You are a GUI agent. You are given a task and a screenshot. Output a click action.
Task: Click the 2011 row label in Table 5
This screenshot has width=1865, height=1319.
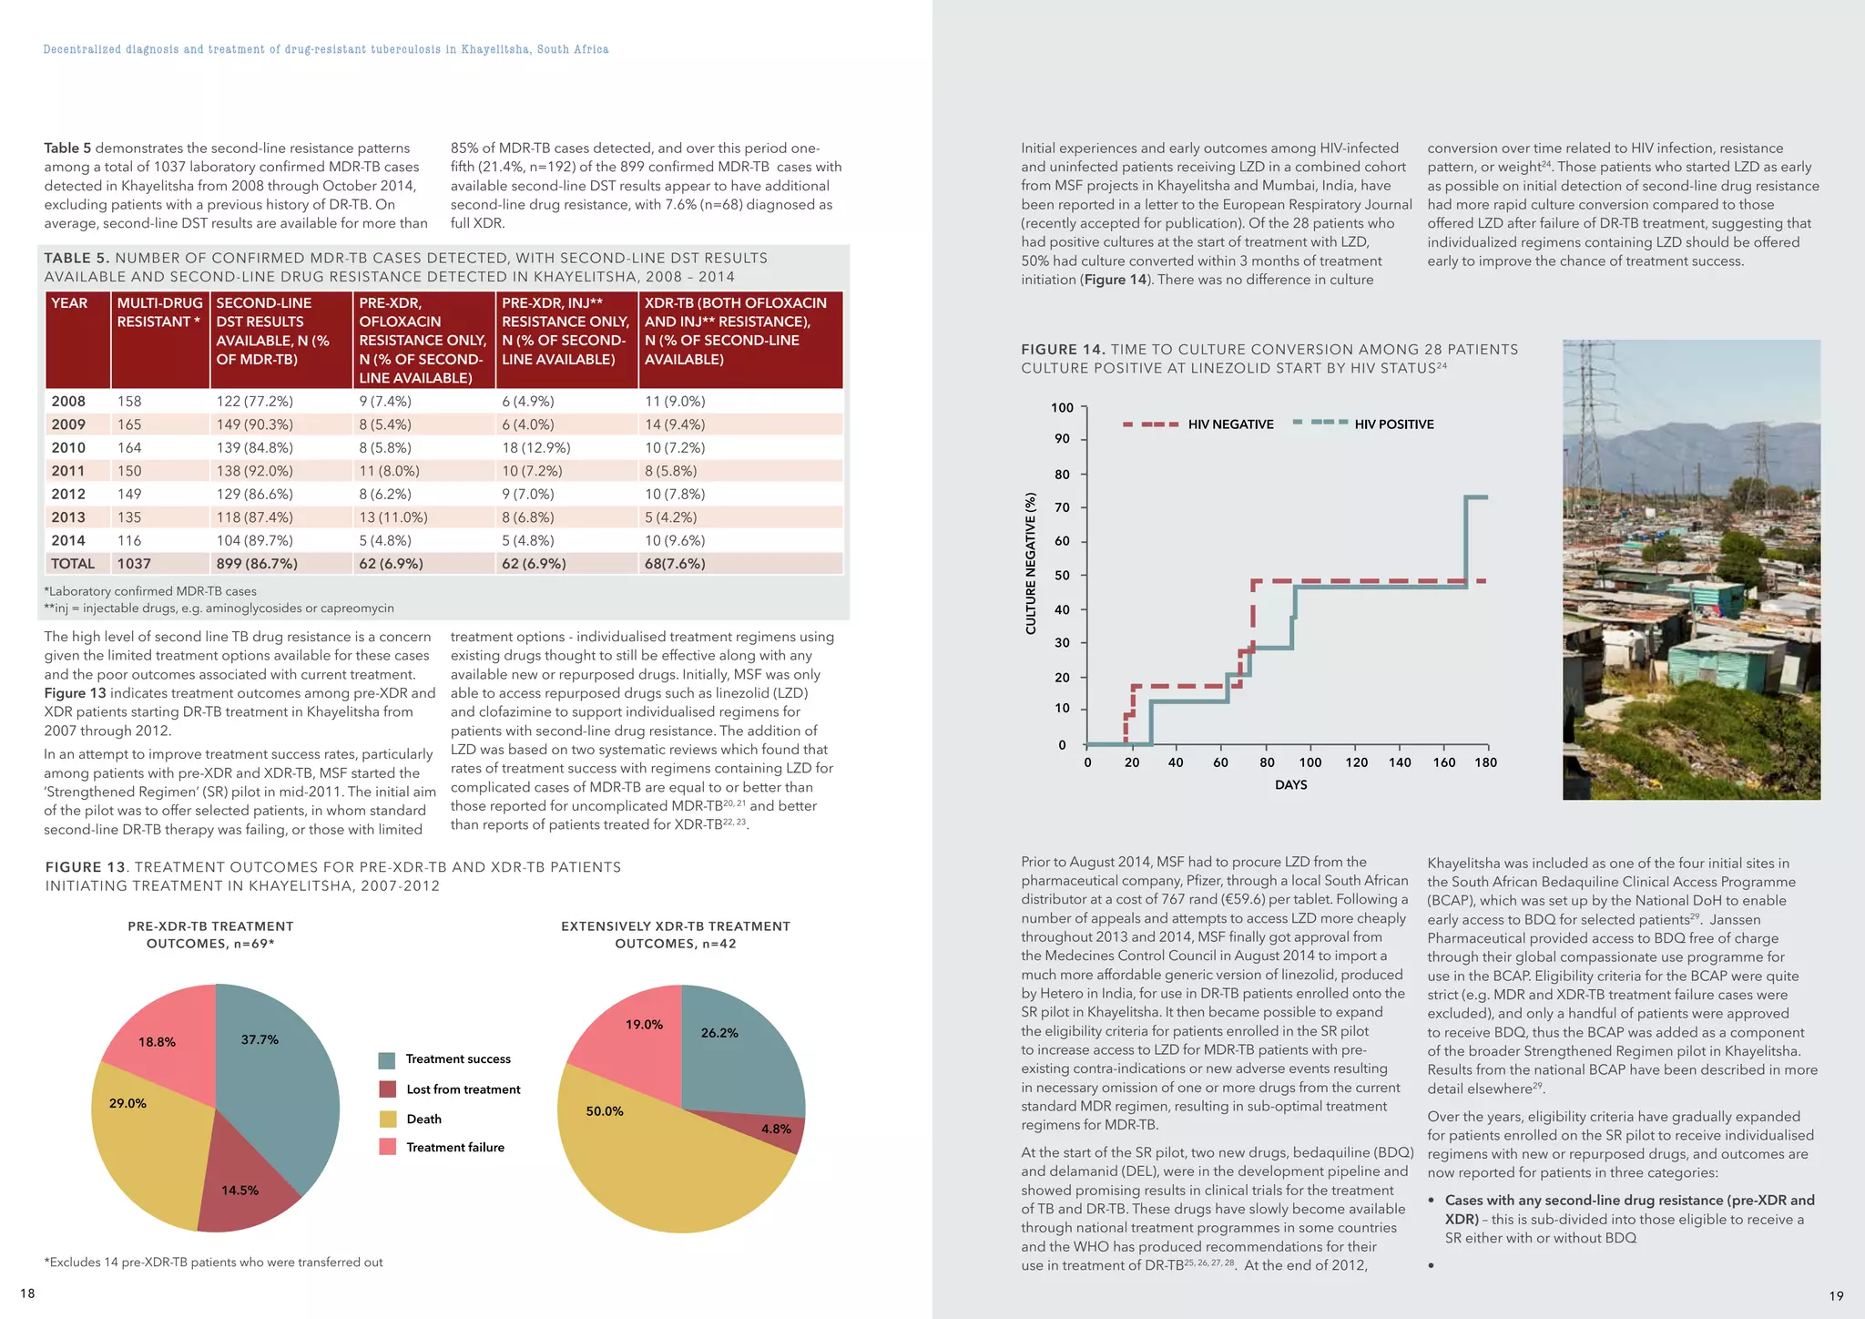(68, 471)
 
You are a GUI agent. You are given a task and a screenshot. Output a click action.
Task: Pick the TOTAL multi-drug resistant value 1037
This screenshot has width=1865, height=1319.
(134, 564)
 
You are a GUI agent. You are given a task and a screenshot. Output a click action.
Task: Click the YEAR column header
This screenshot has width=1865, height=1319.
(69, 303)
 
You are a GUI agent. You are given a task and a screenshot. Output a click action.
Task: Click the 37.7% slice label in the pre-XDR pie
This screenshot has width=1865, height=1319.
(260, 1039)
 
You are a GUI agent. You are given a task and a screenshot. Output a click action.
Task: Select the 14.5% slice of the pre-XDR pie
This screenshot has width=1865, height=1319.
(240, 1190)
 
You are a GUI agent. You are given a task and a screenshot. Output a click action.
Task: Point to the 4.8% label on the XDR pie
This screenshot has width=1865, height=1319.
(776, 1129)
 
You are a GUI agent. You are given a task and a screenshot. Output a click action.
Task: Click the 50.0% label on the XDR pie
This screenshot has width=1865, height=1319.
(605, 1111)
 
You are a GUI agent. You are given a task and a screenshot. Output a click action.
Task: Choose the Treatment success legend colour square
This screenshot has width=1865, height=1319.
(387, 1060)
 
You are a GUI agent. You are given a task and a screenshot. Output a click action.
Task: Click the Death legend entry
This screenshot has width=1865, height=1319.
(423, 1120)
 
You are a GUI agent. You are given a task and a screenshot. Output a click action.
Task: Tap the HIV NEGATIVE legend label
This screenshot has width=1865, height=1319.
(1230, 424)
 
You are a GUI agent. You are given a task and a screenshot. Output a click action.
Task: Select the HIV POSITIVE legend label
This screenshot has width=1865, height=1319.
(1393, 424)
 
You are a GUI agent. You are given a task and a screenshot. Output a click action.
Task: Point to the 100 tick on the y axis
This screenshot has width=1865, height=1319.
(1062, 408)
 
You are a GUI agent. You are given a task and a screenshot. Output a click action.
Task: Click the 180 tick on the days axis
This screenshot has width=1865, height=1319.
(1485, 762)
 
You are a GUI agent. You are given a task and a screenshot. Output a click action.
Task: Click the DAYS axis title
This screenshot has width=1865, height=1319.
(1290, 784)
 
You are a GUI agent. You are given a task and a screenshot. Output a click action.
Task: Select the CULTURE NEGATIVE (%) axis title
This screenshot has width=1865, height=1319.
(1031, 563)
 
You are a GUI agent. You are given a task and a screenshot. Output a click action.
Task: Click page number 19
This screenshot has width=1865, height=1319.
(1836, 1295)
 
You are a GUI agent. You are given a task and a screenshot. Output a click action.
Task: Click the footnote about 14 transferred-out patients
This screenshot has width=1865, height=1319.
(213, 1263)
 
